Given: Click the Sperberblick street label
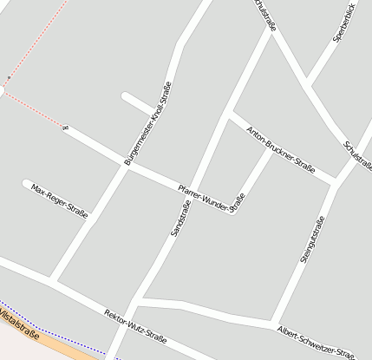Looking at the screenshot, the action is click(344, 24).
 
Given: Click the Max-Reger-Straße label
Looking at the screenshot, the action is click(59, 200).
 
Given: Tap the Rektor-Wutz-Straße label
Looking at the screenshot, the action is click(134, 324).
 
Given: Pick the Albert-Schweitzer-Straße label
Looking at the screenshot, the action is click(316, 342).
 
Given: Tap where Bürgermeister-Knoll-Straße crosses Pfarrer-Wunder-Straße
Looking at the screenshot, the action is click(127, 164).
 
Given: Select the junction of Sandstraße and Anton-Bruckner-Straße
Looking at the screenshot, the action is click(227, 113).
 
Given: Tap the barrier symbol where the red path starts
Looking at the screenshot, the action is click(65, 128).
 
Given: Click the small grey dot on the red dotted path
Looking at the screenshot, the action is click(9, 77).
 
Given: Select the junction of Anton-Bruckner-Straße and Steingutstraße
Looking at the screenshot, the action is click(334, 181).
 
